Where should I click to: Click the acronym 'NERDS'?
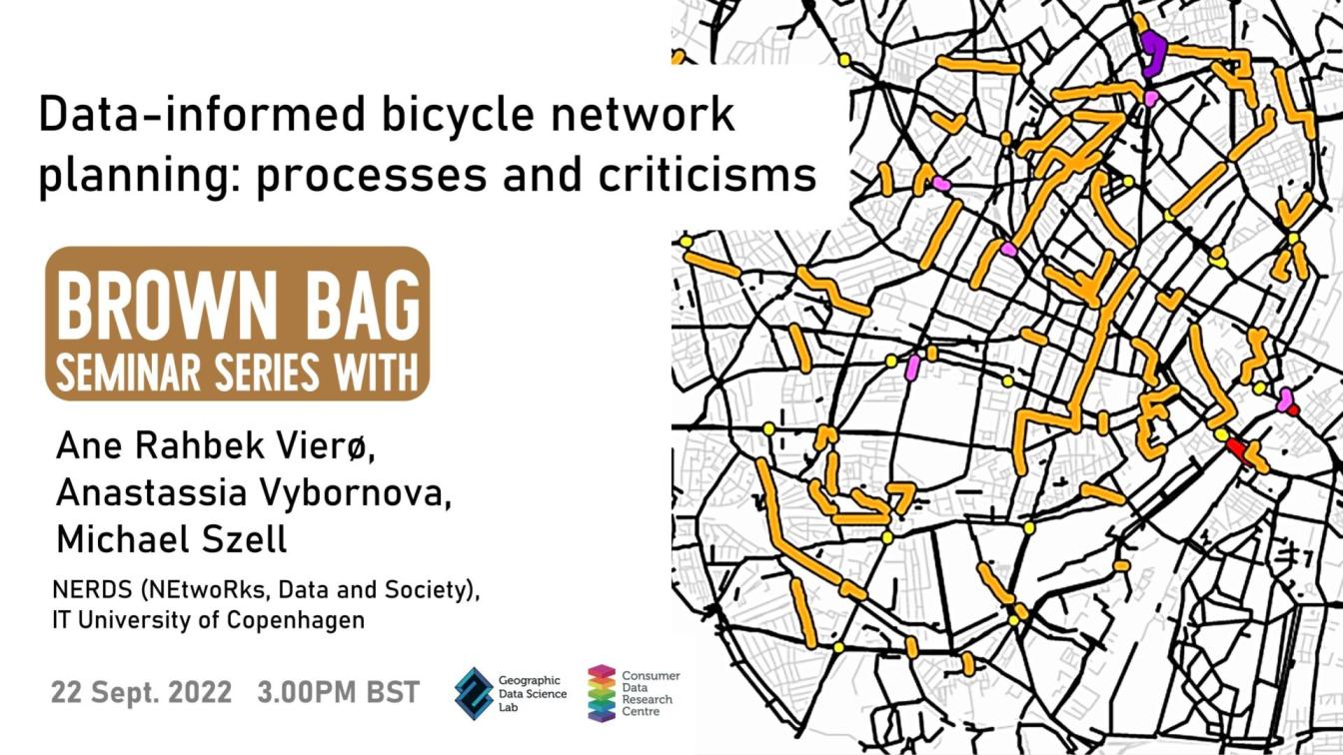[x=92, y=590]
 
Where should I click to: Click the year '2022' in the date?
[x=200, y=693]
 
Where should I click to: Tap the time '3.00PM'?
[x=307, y=693]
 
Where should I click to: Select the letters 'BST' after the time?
[x=393, y=693]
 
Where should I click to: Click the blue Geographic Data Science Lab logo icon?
[x=475, y=694]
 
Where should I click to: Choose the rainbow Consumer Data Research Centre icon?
[x=602, y=693]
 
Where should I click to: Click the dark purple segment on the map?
[x=1153, y=54]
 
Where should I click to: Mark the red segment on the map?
[x=1239, y=450]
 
